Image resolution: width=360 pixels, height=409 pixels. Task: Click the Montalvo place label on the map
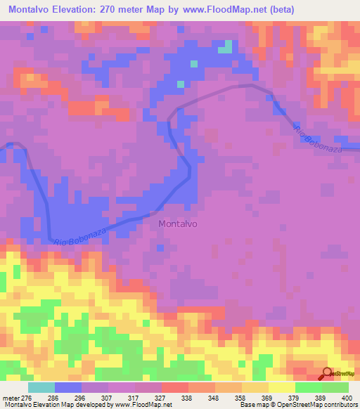pos(178,224)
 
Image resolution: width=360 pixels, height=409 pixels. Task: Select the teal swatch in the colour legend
pos(41,387)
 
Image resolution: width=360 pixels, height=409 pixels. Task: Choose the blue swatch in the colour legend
pos(68,387)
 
